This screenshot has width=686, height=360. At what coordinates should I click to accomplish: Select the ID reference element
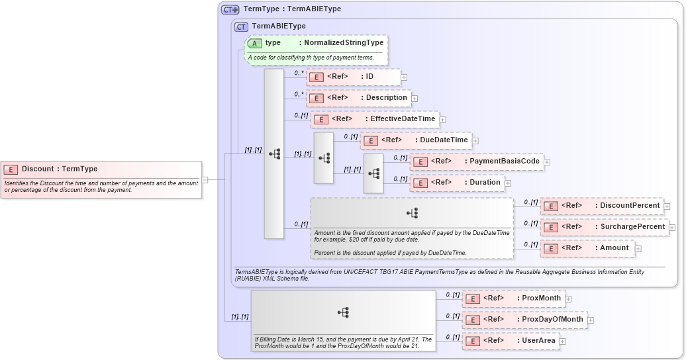tap(354, 77)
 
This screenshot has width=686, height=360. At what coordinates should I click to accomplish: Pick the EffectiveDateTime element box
tap(375, 119)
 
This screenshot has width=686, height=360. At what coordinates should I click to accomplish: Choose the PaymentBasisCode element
tap(477, 161)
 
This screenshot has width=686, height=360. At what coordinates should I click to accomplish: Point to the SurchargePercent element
tap(604, 227)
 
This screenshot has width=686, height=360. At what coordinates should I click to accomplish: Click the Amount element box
tap(587, 248)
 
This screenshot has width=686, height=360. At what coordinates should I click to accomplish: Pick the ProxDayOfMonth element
tap(524, 320)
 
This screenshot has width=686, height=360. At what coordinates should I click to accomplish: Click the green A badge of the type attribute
tap(254, 43)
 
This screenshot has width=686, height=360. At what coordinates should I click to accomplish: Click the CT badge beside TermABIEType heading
tap(242, 26)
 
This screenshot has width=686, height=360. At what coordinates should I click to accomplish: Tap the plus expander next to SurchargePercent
tap(672, 228)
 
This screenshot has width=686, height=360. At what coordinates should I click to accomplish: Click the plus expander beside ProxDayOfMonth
tap(591, 320)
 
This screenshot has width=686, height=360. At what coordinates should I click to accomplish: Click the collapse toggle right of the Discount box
tap(205, 179)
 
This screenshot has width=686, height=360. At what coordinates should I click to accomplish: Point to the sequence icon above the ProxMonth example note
tap(343, 312)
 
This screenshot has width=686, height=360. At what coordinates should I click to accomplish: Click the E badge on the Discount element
tap(11, 169)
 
